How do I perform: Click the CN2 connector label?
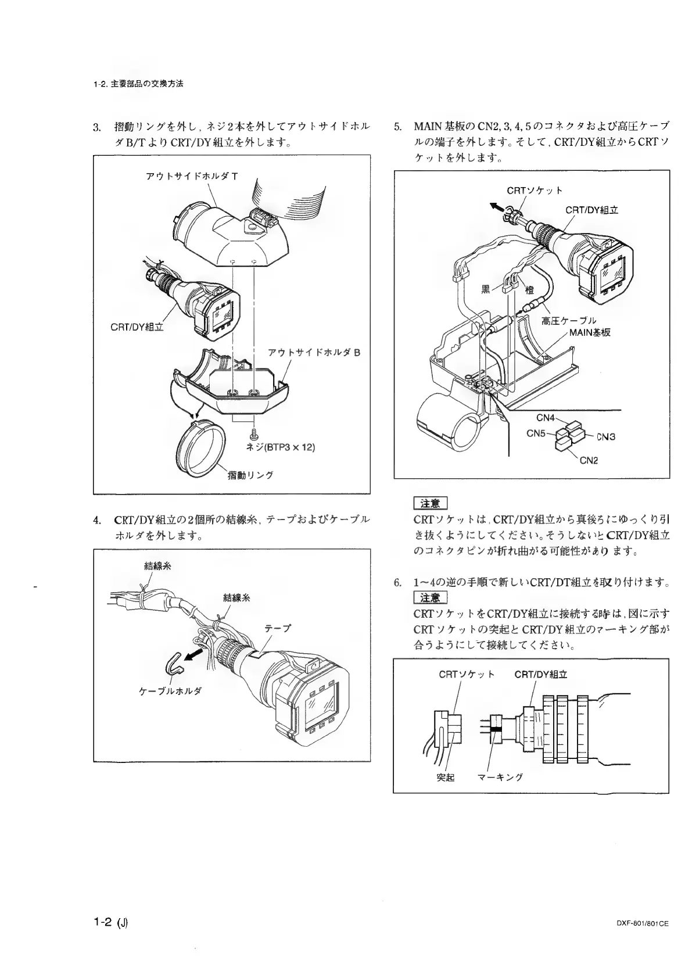pyautogui.click(x=589, y=460)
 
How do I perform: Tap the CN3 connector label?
pyautogui.click(x=605, y=436)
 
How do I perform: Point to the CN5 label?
pyautogui.click(x=536, y=433)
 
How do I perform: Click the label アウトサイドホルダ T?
pyautogui.click(x=192, y=176)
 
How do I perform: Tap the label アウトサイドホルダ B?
pyautogui.click(x=314, y=352)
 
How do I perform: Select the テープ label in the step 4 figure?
pyautogui.click(x=277, y=628)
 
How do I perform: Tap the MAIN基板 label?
pyautogui.click(x=590, y=332)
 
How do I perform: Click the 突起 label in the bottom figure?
pyautogui.click(x=446, y=778)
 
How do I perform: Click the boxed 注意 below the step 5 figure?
pyautogui.click(x=430, y=503)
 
